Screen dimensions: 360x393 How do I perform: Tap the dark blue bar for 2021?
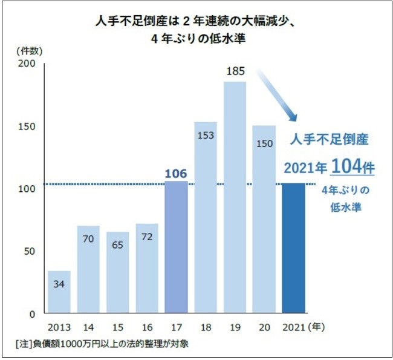tap(294, 248)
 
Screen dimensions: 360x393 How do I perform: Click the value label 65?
tap(119, 244)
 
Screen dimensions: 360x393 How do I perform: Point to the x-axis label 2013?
tap(59, 328)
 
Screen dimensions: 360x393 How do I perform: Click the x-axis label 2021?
tap(293, 328)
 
